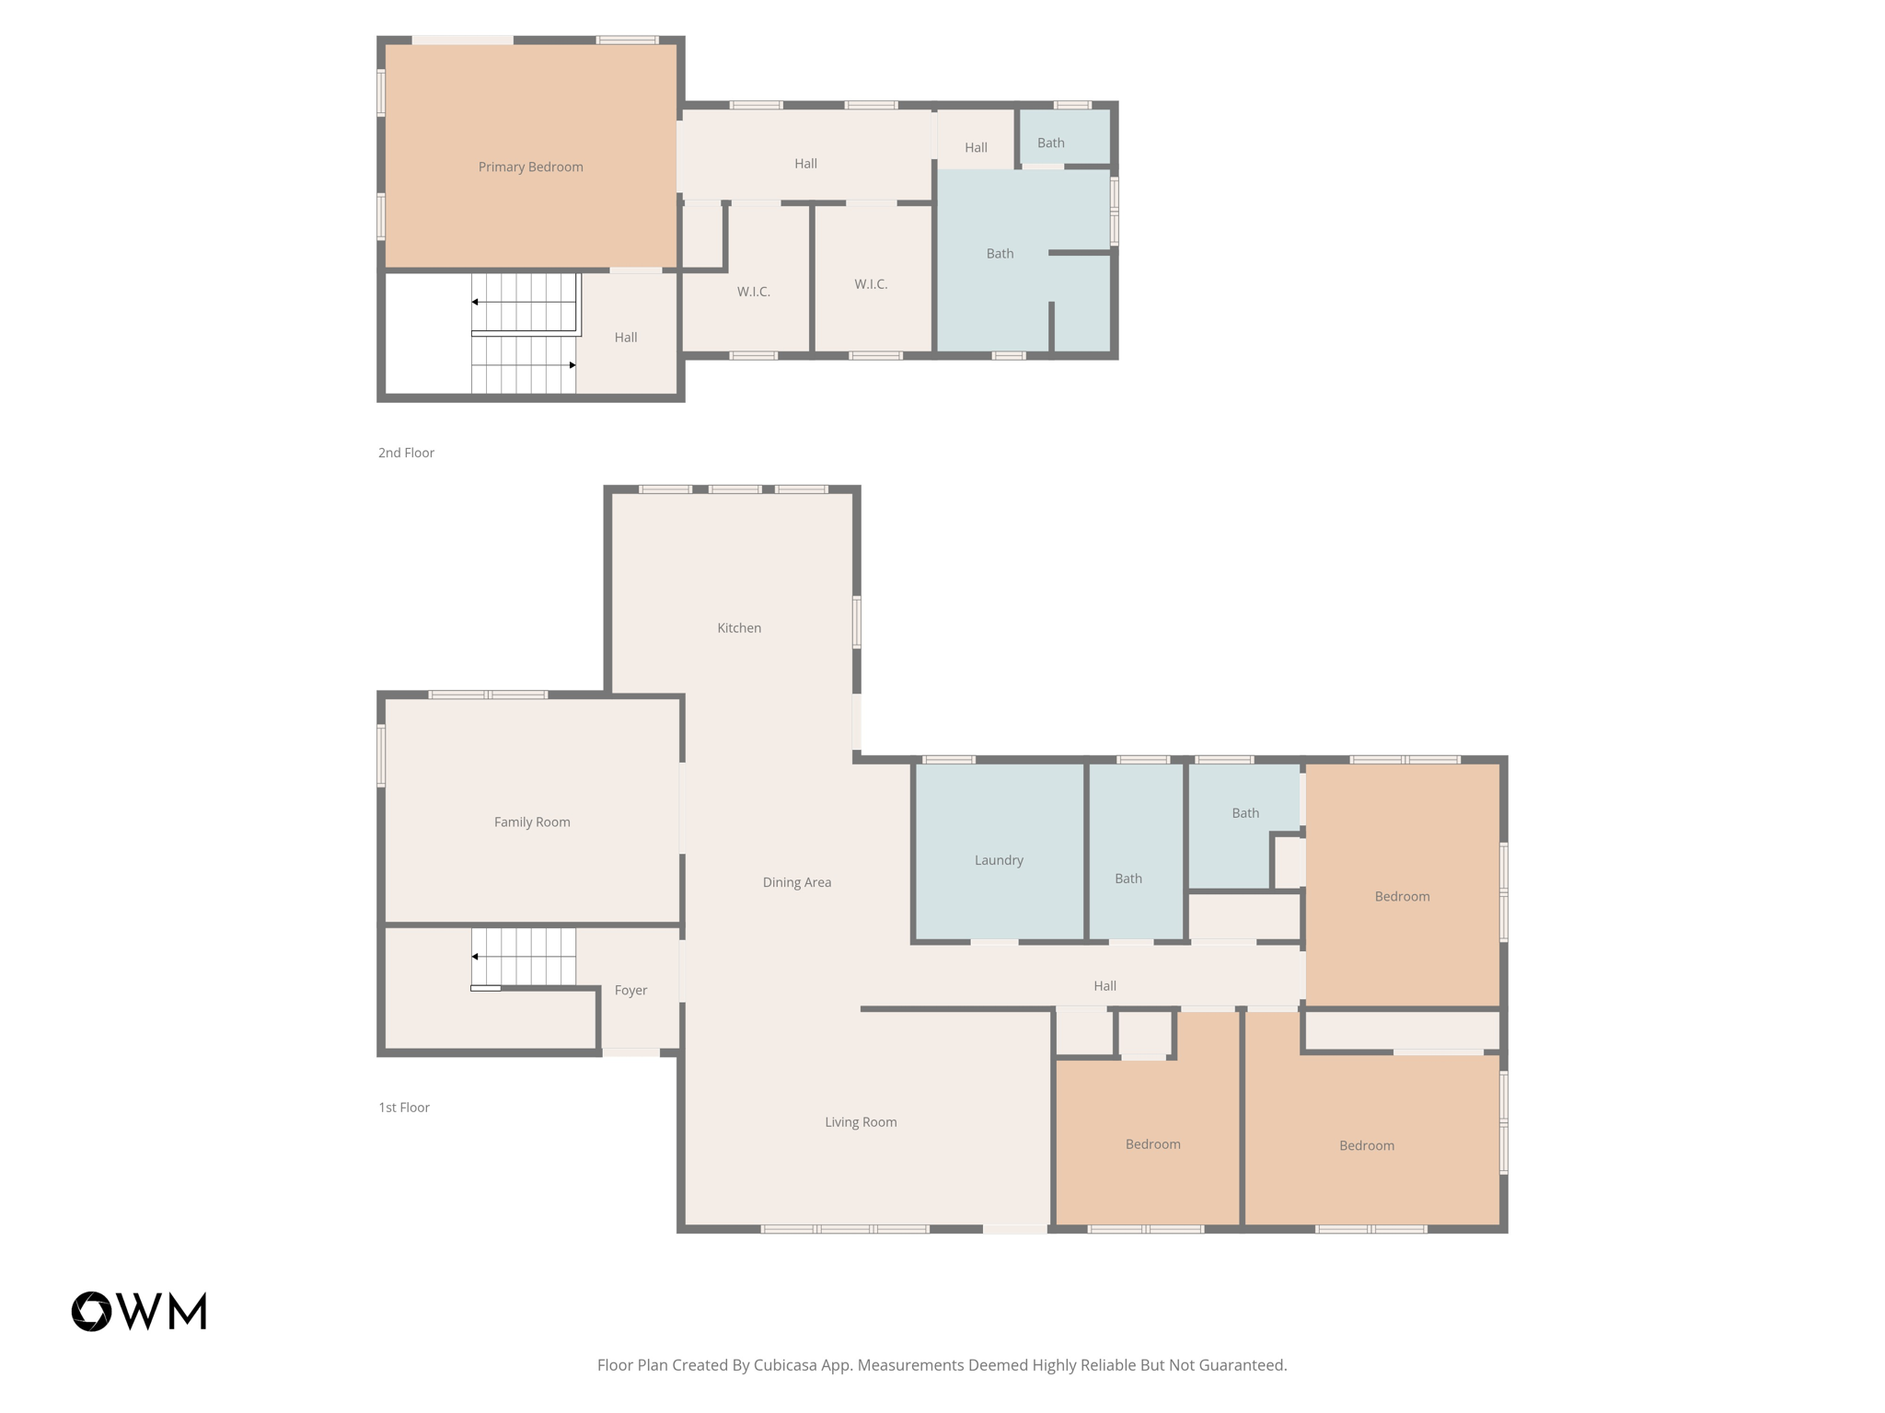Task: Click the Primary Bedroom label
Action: click(x=530, y=167)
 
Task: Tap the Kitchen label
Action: click(x=739, y=627)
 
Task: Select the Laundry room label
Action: click(x=999, y=860)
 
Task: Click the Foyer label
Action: click(x=630, y=990)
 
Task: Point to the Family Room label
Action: click(x=532, y=821)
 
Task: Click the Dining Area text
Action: click(x=796, y=882)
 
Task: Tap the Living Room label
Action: click(x=861, y=1121)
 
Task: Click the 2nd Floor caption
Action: click(x=406, y=453)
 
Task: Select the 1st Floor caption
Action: click(x=404, y=1107)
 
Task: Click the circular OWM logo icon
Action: click(x=92, y=1311)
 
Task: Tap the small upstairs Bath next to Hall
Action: click(x=1050, y=143)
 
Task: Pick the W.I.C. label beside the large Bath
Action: click(x=871, y=284)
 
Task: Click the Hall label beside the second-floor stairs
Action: click(x=626, y=338)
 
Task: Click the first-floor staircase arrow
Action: click(x=475, y=957)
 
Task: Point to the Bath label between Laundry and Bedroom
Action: click(x=1128, y=879)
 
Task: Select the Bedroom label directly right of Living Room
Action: click(x=1152, y=1143)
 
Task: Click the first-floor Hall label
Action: click(x=1104, y=985)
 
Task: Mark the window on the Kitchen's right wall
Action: click(x=857, y=622)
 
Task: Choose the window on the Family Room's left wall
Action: click(x=381, y=755)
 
